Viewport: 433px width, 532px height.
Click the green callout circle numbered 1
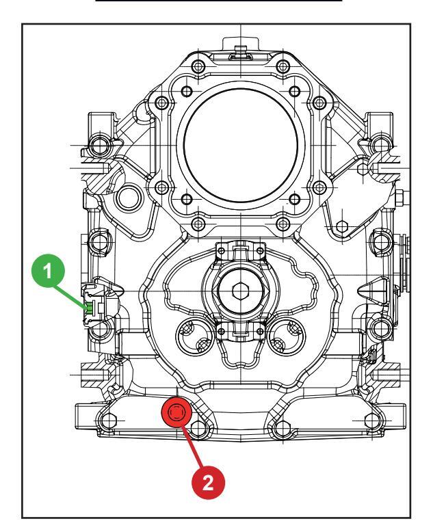tap(48, 271)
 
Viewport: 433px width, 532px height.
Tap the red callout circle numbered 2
tap(208, 482)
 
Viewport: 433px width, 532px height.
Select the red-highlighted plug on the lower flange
tap(176, 412)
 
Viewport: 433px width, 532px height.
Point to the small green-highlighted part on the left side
tap(89, 308)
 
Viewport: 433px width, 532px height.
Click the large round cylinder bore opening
tap(241, 145)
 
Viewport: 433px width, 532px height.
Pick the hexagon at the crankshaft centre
tap(241, 291)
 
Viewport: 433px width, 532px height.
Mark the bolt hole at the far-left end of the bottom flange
tap(108, 421)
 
